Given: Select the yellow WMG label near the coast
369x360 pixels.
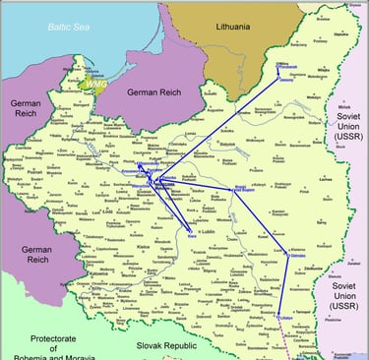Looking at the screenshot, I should (x=97, y=85).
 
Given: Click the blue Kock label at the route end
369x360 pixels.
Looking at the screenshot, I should (x=190, y=234).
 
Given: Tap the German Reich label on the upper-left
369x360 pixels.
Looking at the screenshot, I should (x=23, y=109).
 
